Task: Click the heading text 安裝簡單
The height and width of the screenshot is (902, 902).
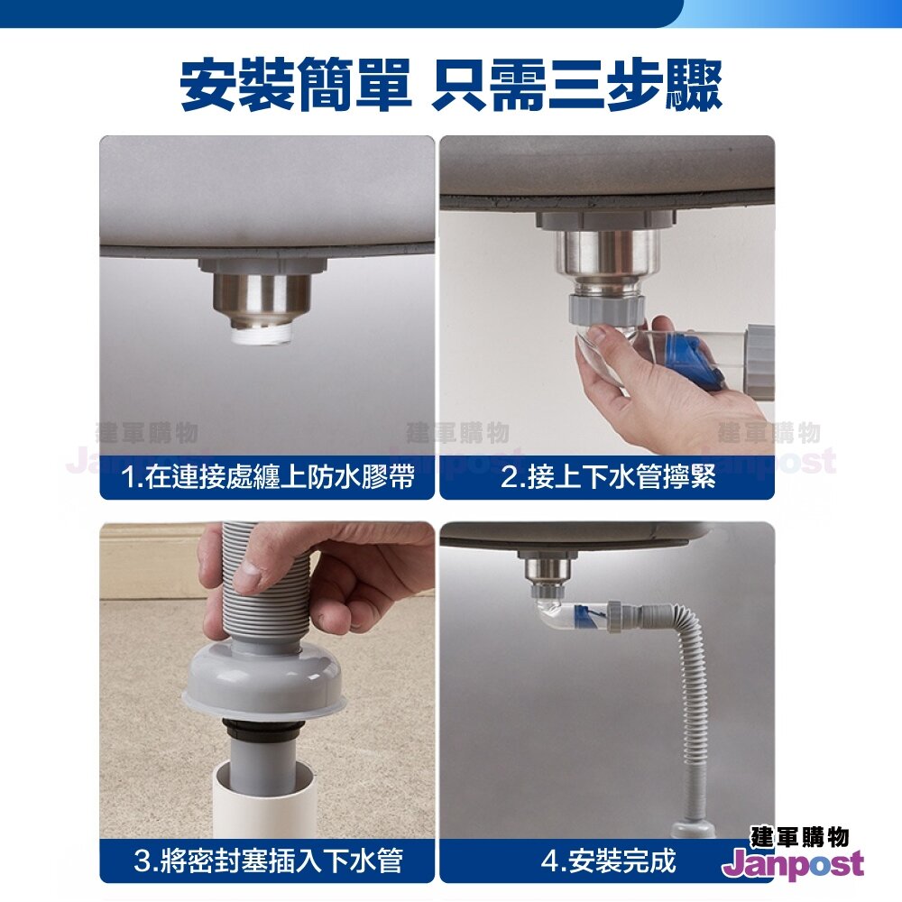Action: [296, 85]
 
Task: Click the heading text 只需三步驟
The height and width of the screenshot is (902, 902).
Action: [577, 85]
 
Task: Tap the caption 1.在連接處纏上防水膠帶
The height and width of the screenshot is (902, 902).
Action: [268, 477]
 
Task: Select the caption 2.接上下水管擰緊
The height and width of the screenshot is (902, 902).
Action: [608, 477]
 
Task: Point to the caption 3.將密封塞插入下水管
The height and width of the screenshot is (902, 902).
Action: [268, 861]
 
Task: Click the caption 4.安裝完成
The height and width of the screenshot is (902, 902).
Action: [608, 861]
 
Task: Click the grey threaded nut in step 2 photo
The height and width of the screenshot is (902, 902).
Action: [604, 308]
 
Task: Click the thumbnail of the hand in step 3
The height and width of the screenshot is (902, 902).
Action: [249, 575]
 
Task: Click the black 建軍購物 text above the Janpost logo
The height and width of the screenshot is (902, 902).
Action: [799, 836]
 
